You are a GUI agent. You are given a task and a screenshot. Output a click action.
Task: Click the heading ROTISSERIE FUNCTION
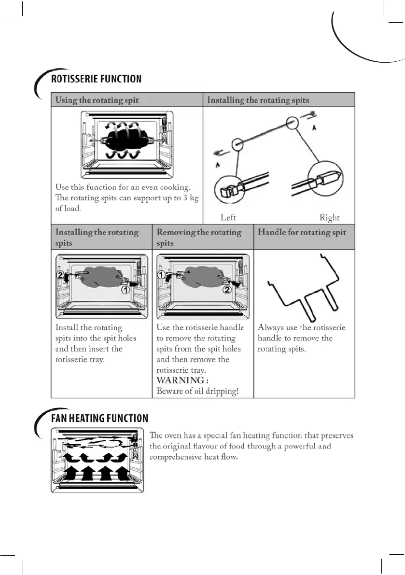click(96, 79)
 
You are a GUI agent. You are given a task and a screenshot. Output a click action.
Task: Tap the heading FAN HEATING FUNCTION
click(99, 418)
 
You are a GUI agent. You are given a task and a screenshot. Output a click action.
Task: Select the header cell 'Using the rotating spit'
click(97, 100)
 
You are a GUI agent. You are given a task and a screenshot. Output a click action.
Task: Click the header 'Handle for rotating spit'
click(302, 232)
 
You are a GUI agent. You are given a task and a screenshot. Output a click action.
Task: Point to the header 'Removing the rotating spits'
click(199, 237)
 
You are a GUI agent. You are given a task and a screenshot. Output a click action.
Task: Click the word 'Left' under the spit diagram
click(228, 218)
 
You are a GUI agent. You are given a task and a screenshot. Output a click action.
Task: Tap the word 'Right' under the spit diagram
click(330, 218)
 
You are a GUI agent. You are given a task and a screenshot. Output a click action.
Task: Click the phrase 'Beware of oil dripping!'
click(197, 391)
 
